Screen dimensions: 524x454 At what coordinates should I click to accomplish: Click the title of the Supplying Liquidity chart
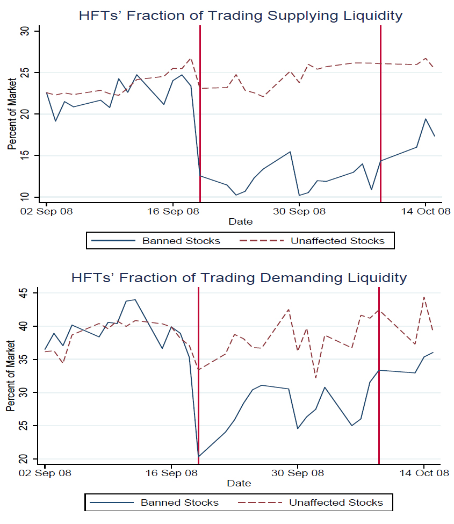click(240, 16)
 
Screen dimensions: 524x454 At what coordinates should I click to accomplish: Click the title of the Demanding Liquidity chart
click(239, 277)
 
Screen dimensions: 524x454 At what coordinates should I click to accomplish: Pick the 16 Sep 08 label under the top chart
click(173, 211)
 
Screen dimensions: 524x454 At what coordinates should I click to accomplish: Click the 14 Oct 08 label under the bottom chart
click(424, 473)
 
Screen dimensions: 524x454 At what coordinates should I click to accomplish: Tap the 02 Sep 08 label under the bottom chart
click(45, 473)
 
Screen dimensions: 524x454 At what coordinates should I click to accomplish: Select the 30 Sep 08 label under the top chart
click(299, 211)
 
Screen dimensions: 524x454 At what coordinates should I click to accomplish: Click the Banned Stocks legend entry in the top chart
click(181, 241)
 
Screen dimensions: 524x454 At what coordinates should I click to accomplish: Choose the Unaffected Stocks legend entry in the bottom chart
click(336, 503)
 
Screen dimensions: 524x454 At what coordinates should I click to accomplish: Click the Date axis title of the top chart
click(240, 221)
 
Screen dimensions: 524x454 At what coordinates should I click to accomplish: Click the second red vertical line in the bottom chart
click(379, 376)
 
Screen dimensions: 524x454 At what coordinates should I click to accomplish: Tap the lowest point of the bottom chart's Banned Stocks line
click(199, 456)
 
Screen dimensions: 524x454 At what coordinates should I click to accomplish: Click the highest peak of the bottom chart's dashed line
click(424, 297)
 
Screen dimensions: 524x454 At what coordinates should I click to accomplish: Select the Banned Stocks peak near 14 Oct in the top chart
click(426, 119)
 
